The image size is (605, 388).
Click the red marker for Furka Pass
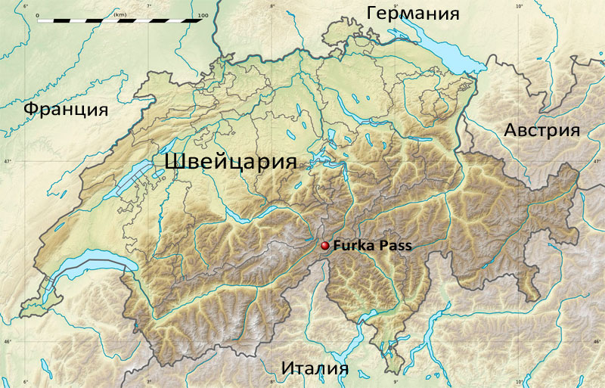pos(325,246)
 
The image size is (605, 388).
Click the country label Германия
pos(413,13)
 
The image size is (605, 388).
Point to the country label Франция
pos(66,109)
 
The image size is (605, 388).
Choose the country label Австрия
pos(541,130)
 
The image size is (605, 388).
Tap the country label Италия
pos(315,368)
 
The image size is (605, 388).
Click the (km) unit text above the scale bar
pos(119,14)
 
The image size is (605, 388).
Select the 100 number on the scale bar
pos(202,14)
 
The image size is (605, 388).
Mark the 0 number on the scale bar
pos(36,14)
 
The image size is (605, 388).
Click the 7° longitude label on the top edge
pos(148,6)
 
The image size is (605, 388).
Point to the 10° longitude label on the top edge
pos(519,6)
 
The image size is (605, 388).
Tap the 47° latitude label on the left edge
pos(7,162)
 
